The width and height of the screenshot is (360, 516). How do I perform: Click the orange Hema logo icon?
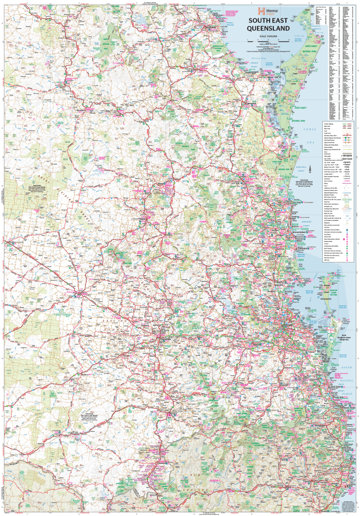259,11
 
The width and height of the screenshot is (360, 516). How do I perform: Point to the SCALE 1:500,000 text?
268,36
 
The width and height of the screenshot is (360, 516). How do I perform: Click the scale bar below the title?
268,41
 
